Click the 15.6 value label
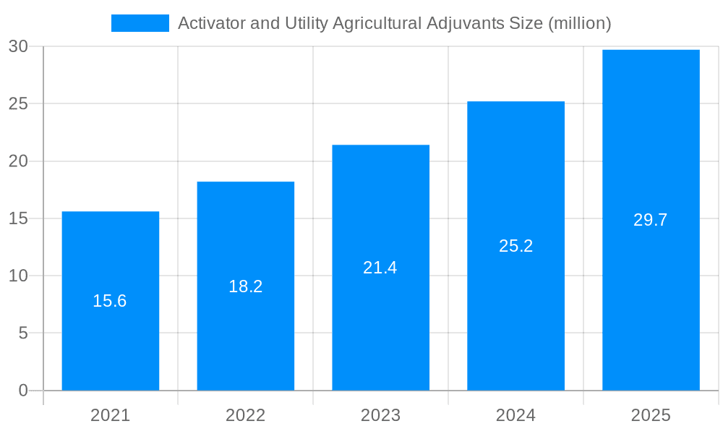tap(110, 301)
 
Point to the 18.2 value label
tap(245, 286)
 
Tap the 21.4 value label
tap(380, 268)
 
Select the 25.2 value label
tap(515, 246)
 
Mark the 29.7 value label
tap(651, 220)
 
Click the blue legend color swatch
tap(140, 23)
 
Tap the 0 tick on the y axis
tap(22, 391)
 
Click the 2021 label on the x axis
tap(110, 415)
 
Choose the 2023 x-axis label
tap(380, 415)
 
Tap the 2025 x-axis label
tap(651, 415)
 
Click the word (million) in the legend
tap(580, 23)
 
